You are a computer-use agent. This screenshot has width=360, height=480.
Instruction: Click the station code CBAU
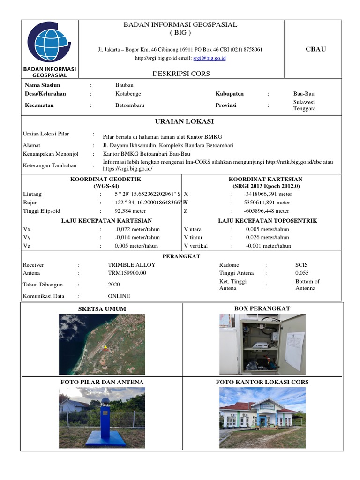click(315, 49)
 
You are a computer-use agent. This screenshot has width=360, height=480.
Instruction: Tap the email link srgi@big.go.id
click(210, 58)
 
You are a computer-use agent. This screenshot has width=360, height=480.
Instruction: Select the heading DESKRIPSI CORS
click(181, 74)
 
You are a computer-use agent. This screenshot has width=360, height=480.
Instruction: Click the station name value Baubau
click(125, 85)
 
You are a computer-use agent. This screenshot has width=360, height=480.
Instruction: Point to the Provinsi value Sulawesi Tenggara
click(304, 105)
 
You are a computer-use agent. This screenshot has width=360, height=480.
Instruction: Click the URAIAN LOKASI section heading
click(181, 121)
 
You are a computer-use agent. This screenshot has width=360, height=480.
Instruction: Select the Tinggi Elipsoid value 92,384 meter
click(131, 211)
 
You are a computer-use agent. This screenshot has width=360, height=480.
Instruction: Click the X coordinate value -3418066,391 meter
click(268, 194)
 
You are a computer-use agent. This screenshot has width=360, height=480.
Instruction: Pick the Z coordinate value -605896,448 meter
click(267, 211)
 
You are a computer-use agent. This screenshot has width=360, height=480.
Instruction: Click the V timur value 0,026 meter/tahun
click(267, 238)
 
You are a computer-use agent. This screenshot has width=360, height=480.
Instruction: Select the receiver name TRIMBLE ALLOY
click(131, 265)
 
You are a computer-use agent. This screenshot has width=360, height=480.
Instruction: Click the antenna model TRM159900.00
click(127, 273)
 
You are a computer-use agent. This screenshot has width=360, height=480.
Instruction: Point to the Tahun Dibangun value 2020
click(114, 285)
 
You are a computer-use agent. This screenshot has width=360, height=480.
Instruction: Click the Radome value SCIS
click(301, 265)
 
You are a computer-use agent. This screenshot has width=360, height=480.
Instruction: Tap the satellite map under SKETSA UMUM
click(102, 344)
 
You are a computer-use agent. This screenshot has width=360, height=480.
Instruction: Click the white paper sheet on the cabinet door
click(294, 351)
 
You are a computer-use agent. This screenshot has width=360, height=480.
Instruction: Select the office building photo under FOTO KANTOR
click(262, 417)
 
